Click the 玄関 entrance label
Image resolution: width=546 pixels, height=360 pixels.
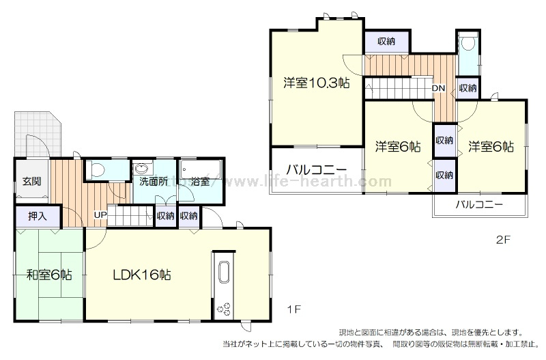pos(31,181)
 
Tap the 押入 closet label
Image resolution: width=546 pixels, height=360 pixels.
pos(38,217)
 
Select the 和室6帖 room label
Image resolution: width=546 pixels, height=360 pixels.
pos(49,275)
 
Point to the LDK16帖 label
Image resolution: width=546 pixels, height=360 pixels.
pos(142,275)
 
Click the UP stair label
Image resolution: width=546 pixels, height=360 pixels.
pos(100,215)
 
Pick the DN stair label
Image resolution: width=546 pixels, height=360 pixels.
pos(438,89)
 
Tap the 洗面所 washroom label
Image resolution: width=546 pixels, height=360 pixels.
pos(154,182)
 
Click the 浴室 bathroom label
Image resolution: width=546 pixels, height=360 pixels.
pos(200,182)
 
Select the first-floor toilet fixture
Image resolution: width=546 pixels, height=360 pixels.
pos(95,169)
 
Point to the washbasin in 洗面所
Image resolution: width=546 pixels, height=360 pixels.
pos(143,169)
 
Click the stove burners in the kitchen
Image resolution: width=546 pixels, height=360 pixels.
pos(224,308)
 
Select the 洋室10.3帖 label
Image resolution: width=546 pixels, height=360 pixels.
pos(316,83)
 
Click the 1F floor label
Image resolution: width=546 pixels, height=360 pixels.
pos(294,309)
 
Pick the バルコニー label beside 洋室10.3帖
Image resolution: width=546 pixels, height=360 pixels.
pos(317,170)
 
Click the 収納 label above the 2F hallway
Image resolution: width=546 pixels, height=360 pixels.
pos(386,41)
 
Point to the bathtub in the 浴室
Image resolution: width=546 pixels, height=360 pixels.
pos(201,169)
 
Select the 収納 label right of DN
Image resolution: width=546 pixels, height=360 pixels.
pos(468,88)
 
